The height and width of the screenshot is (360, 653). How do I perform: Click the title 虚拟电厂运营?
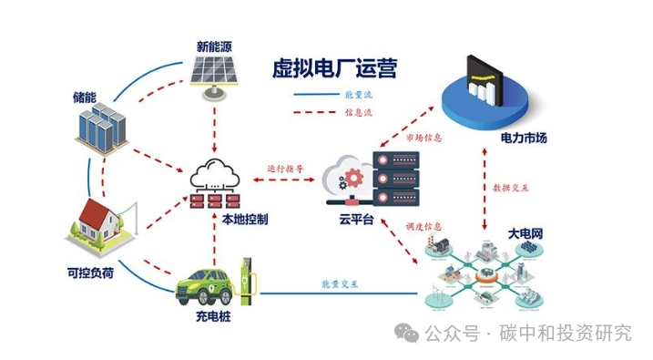click(x=334, y=68)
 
